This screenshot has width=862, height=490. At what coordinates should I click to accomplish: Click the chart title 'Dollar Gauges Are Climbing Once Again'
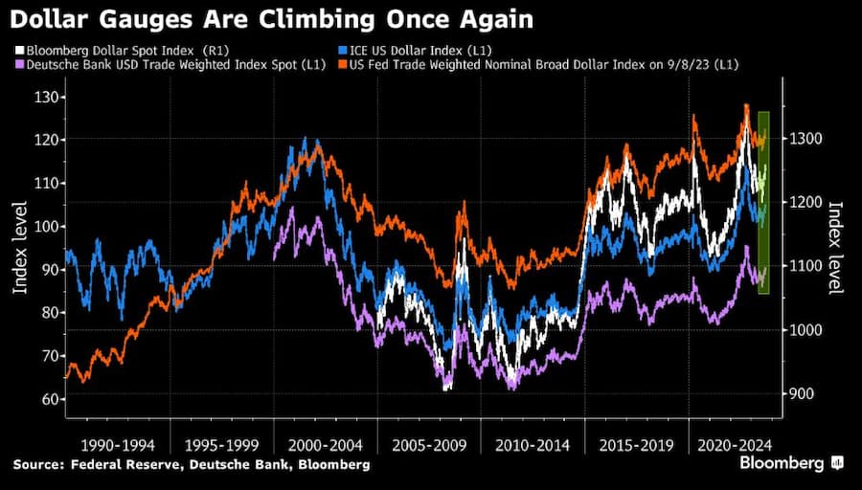coord(273,19)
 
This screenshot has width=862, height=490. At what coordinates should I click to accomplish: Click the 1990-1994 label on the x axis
coord(116,445)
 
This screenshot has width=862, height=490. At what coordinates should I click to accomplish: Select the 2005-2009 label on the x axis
coord(428,445)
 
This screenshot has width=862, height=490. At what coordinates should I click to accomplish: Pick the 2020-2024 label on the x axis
coord(732,445)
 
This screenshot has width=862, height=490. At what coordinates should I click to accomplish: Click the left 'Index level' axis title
coord(20,248)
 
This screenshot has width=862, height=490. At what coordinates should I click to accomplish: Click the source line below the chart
coord(192,464)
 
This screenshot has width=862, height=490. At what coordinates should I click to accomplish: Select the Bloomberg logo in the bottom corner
coord(791,463)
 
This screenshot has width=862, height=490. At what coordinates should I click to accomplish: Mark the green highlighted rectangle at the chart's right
coord(763,203)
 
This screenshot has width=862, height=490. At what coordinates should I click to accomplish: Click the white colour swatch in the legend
coord(19,48)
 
